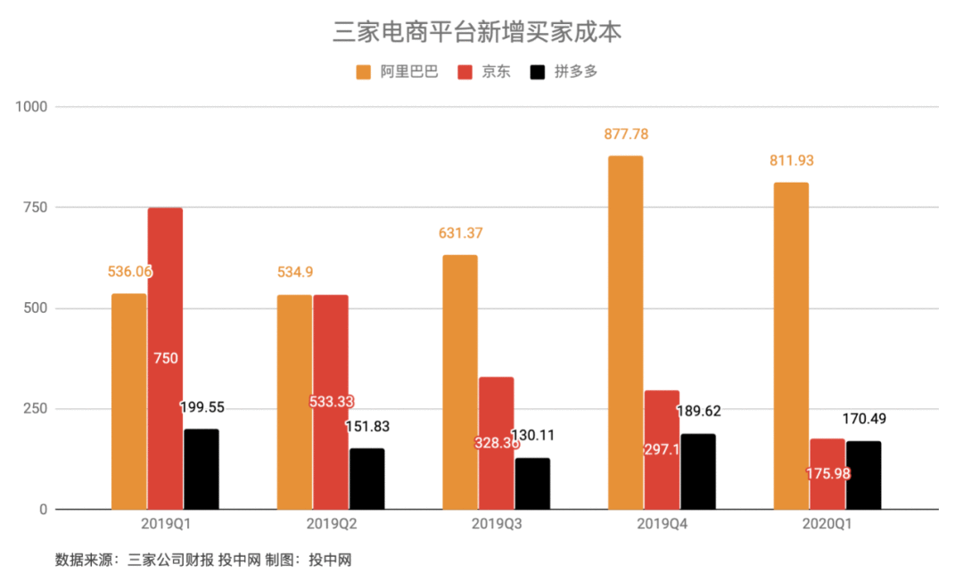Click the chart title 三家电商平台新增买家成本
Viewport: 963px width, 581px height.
point(478,32)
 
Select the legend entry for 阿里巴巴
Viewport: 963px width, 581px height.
point(397,72)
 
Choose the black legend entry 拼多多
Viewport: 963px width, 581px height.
point(564,72)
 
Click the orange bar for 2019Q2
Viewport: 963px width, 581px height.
point(294,402)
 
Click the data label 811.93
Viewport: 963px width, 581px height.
point(792,161)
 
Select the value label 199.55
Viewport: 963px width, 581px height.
point(202,407)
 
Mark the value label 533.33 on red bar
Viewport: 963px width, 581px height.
point(331,402)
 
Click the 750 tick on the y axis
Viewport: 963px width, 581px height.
point(33,208)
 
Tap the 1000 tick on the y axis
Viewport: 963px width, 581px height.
point(29,107)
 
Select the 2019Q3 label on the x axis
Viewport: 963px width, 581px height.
point(497,526)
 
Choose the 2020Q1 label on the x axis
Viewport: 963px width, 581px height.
point(827,526)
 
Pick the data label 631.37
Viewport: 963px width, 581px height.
point(460,233)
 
